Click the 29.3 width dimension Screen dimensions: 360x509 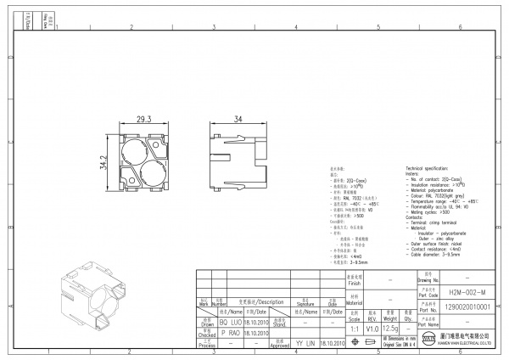point(143,121)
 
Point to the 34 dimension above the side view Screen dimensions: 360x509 point(240,121)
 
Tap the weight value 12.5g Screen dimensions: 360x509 point(391,328)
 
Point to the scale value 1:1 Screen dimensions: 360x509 point(353,328)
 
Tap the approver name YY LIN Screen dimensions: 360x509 point(305,343)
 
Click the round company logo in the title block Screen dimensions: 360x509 point(428,340)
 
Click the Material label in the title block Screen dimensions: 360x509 point(353,300)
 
